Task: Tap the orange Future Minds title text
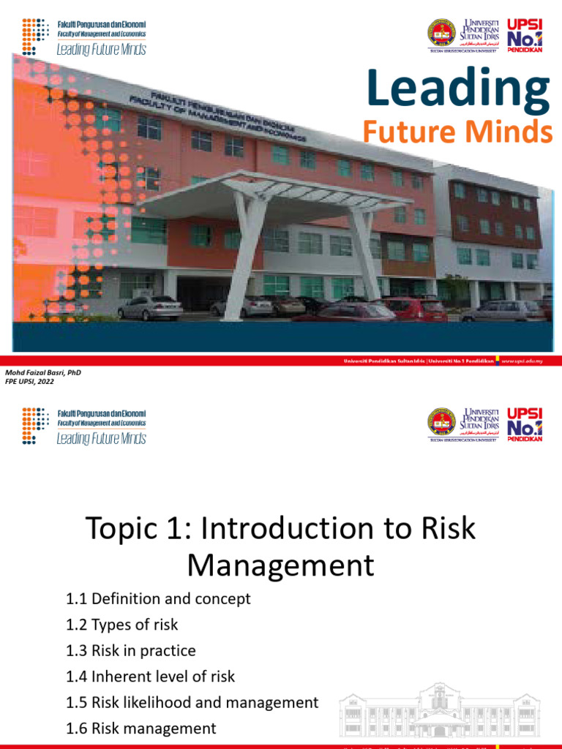click(x=457, y=132)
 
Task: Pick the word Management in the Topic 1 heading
click(x=280, y=565)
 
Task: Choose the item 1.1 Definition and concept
click(x=158, y=598)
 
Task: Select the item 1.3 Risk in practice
click(x=131, y=650)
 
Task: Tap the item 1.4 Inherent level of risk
click(x=150, y=677)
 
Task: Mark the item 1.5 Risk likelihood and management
click(x=192, y=702)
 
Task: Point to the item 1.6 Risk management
click(x=141, y=729)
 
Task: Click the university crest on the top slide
click(x=442, y=34)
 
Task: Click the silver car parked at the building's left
click(x=150, y=307)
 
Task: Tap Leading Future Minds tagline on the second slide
click(x=101, y=438)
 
